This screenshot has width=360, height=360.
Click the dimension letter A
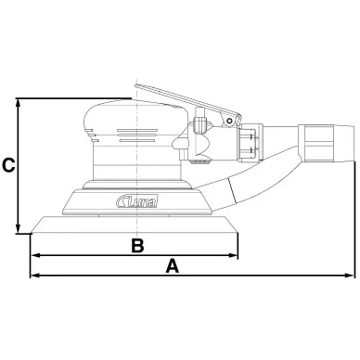click(x=173, y=266)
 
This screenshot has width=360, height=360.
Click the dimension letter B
click(x=137, y=246)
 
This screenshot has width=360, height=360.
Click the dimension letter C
click(x=8, y=165)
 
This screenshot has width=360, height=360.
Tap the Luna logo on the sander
click(x=137, y=201)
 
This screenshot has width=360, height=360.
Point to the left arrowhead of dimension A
click(x=35, y=275)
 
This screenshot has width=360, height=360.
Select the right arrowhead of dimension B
click(x=233, y=255)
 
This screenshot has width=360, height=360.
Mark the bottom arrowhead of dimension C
click(x=19, y=228)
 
